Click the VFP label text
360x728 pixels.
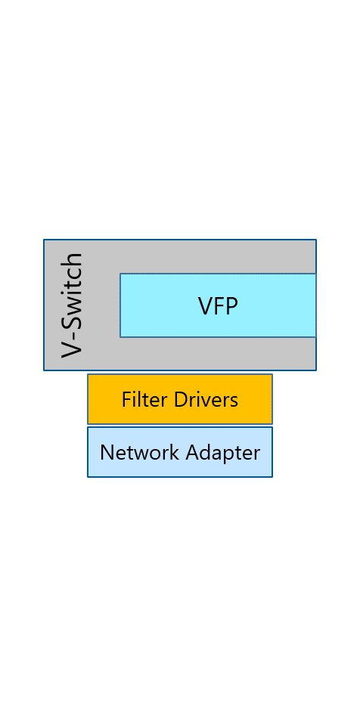pyautogui.click(x=218, y=306)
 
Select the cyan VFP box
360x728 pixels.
pyautogui.click(x=218, y=305)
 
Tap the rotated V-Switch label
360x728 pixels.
pyautogui.click(x=73, y=305)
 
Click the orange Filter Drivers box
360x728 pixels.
pyautogui.click(x=180, y=399)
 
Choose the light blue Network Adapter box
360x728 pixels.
pyautogui.click(x=180, y=452)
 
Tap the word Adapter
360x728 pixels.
pyautogui.click(x=222, y=453)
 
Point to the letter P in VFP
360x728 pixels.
pyautogui.click(x=231, y=306)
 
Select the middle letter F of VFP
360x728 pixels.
pyautogui.click(x=219, y=306)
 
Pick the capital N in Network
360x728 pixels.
pyautogui.click(x=107, y=452)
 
